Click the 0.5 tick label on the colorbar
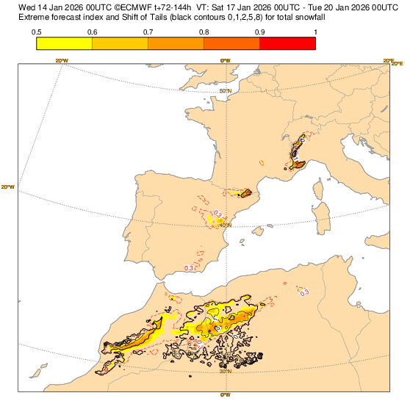tap(36, 32)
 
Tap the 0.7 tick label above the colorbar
tap(148, 32)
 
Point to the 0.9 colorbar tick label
tap(259, 32)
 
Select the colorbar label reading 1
tap(315, 32)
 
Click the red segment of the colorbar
tap(287, 43)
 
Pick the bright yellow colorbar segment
tap(64, 43)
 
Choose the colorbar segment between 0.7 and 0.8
tap(176, 43)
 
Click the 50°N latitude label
tap(226, 91)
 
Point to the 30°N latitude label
tap(226, 371)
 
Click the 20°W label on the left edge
tap(9, 187)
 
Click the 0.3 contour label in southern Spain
tap(189, 269)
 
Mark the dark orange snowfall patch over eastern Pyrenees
tap(247, 193)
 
